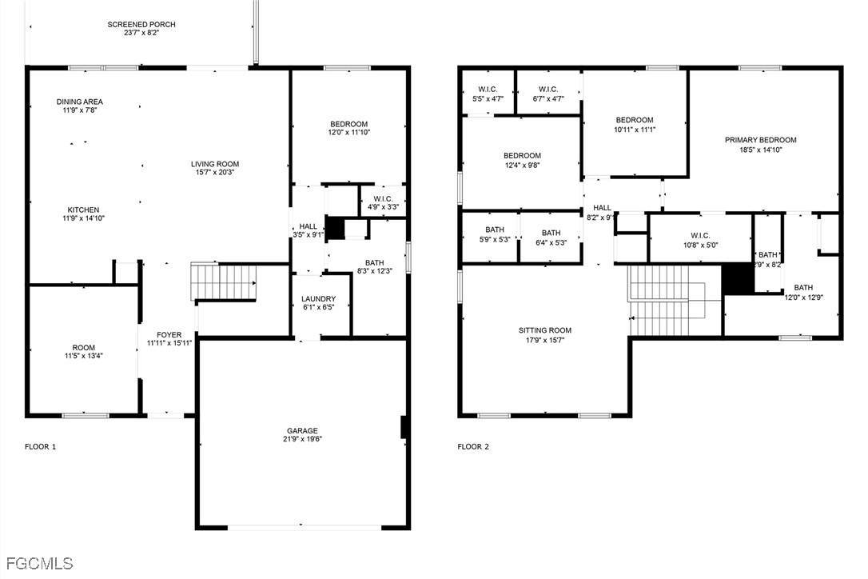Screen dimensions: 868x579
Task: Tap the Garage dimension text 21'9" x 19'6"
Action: click(x=302, y=439)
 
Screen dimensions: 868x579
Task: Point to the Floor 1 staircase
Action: click(x=224, y=282)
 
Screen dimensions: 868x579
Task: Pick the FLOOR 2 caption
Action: click(x=473, y=446)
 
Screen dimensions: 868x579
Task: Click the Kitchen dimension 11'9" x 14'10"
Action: click(x=84, y=218)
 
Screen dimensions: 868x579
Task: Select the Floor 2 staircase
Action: click(x=675, y=300)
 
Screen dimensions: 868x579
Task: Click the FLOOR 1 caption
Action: click(x=41, y=446)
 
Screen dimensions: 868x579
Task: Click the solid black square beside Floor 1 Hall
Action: click(x=334, y=228)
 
